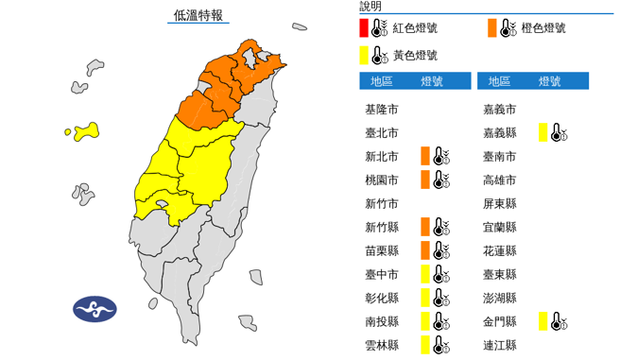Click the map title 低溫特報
click(198, 15)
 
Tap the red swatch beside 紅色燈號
click(365, 28)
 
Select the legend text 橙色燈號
click(543, 28)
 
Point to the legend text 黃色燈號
click(416, 56)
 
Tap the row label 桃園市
click(383, 180)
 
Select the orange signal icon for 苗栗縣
click(432, 250)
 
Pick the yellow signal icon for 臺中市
click(432, 274)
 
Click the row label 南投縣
click(383, 321)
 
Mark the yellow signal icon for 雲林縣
click(432, 345)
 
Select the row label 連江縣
click(499, 345)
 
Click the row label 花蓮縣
click(499, 250)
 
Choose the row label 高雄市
click(499, 180)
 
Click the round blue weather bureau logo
click(95, 309)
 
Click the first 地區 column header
click(383, 81)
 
